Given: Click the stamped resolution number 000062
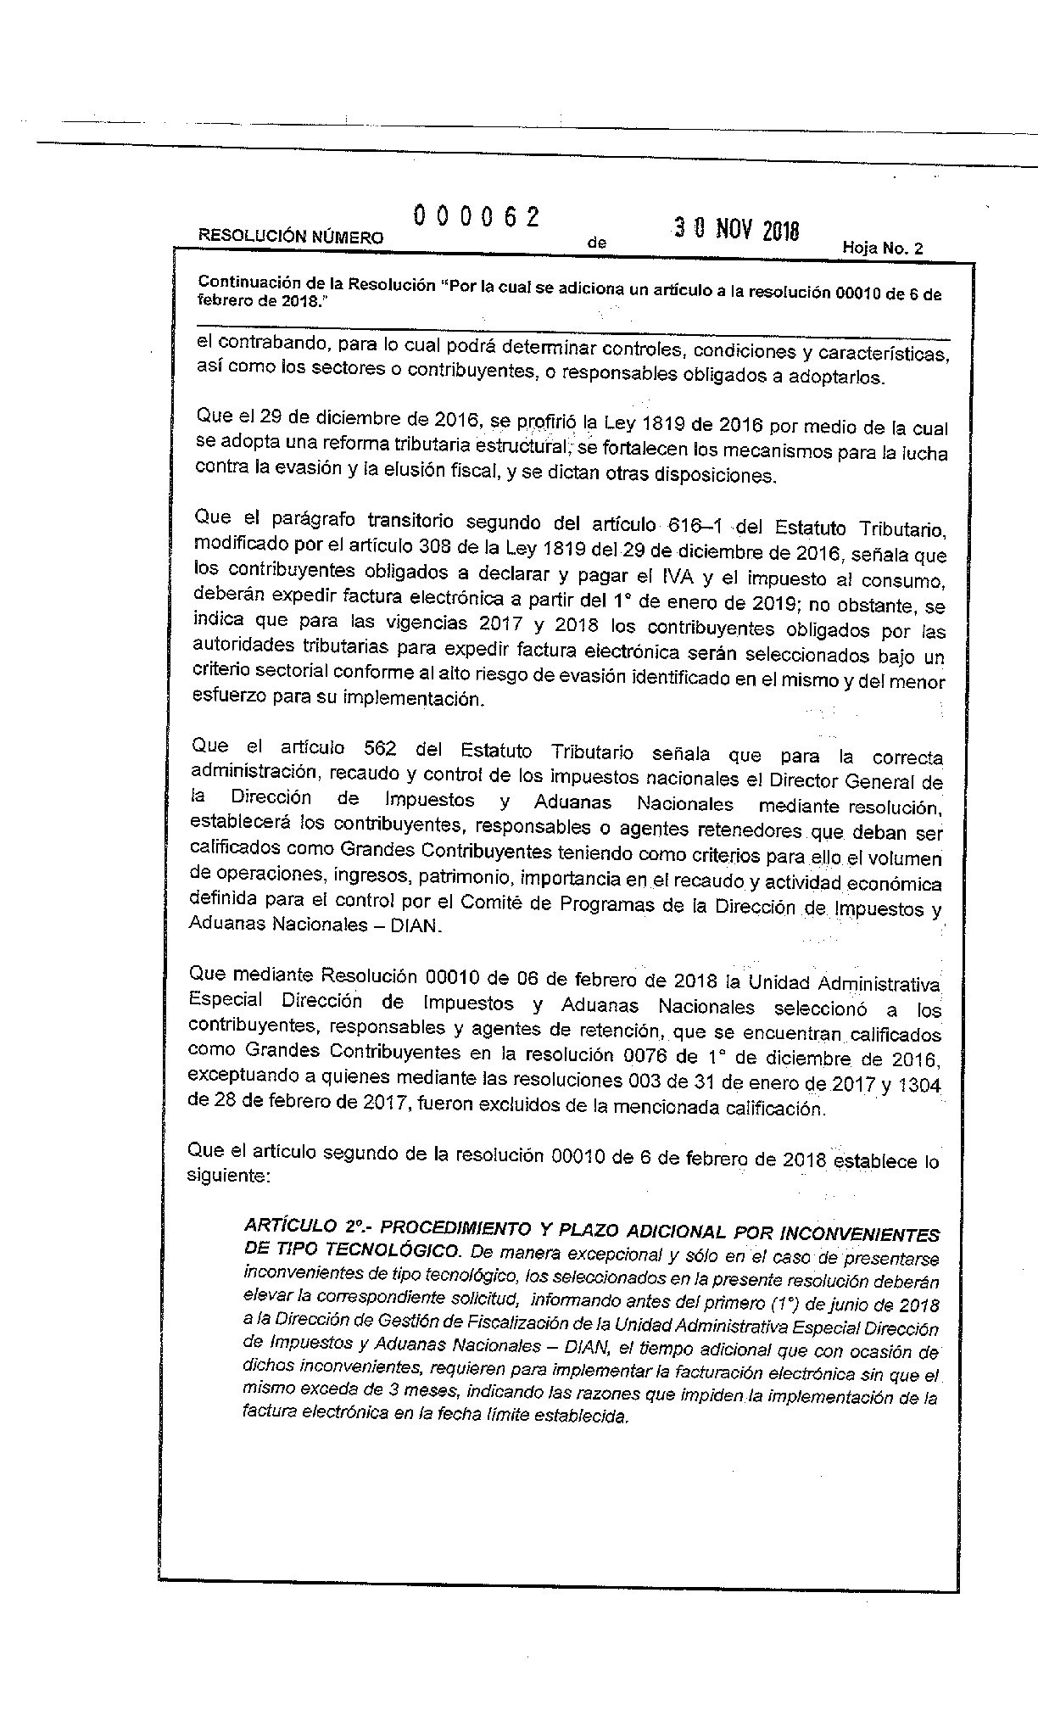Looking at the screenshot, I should pos(477,217).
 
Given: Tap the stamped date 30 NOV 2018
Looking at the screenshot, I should pos(736,229).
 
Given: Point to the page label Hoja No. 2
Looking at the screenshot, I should pos(882,249).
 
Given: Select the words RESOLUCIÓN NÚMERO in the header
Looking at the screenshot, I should pos(290,237).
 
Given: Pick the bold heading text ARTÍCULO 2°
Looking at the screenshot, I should pos(304,1227).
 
